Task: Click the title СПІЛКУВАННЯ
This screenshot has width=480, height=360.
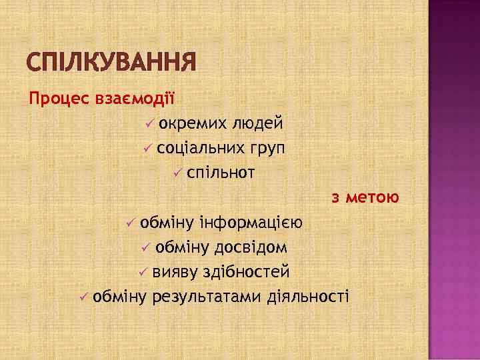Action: coord(112,63)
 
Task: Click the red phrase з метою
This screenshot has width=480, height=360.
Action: coord(365,197)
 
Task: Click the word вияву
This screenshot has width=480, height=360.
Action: coord(170,271)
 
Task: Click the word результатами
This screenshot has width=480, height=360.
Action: coord(207,296)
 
